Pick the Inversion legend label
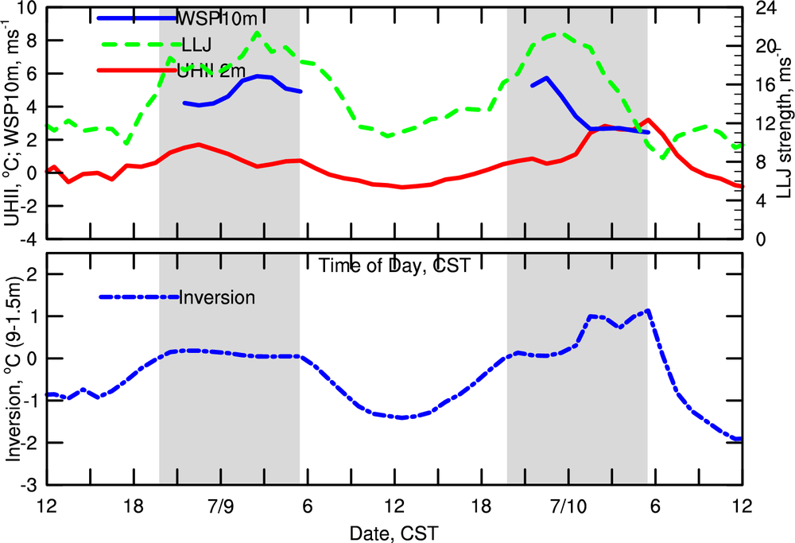pyautogui.click(x=217, y=298)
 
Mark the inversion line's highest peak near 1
pyautogui.click(x=649, y=311)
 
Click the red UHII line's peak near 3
pyautogui.click(x=650, y=120)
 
